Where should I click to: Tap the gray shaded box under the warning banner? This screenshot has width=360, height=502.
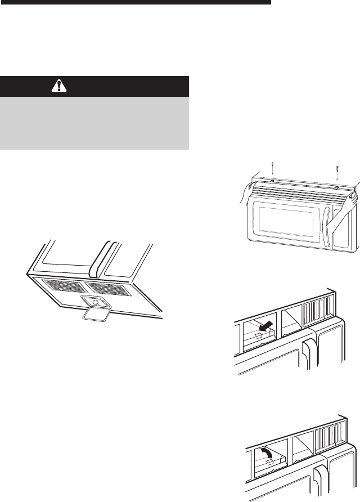(94, 123)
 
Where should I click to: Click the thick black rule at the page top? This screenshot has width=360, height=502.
(135, 2)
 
